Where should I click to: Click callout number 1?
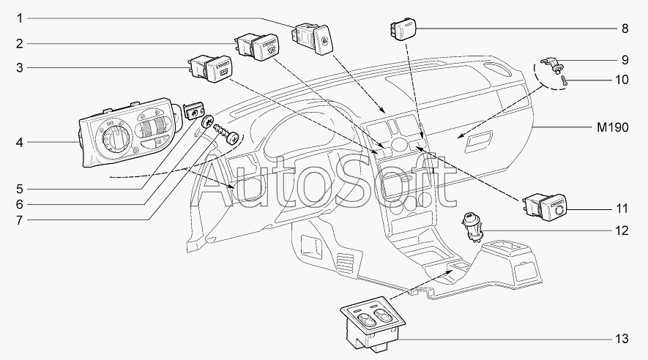(20, 18)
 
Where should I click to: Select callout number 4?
(20, 143)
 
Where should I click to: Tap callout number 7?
(20, 220)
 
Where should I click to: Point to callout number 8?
(625, 29)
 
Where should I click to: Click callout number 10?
(622, 79)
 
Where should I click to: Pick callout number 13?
(622, 339)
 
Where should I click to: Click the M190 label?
(612, 127)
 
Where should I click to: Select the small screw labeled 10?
(564, 80)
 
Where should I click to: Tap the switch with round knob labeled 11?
(544, 207)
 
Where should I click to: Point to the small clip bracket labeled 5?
(193, 110)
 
